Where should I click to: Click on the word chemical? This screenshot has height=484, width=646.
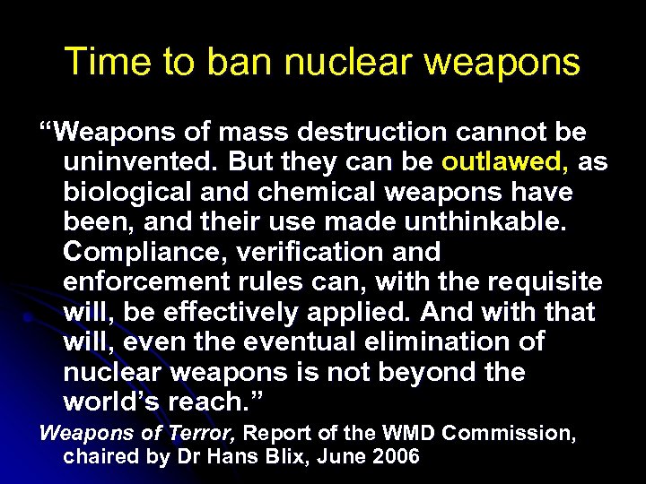pos(310,193)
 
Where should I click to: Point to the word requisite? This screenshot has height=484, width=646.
pos(546,282)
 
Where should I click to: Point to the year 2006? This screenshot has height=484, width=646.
pos(396,456)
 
